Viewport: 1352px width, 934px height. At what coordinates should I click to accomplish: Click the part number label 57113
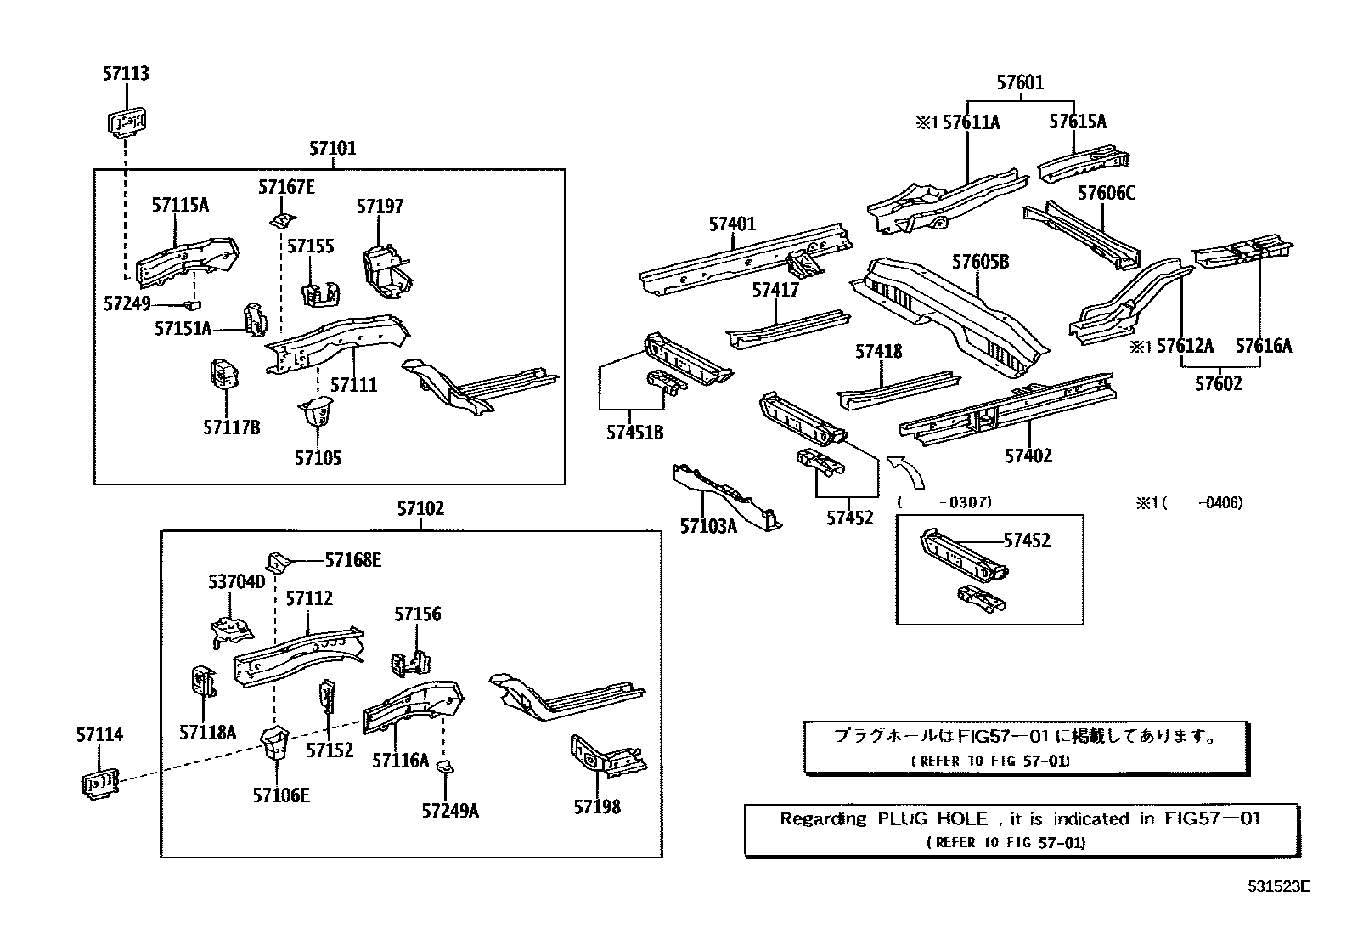(126, 74)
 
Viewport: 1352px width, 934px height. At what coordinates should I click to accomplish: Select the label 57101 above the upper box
(332, 149)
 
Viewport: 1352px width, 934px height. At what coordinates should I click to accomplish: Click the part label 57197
(380, 207)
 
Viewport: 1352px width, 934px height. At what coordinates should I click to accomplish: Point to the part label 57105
(318, 458)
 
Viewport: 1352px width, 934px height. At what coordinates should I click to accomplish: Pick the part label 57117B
(231, 427)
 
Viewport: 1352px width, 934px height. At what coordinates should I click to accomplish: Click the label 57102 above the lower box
(420, 509)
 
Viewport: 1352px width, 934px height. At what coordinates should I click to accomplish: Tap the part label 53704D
(237, 582)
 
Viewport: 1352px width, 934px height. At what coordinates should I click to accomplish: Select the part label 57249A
(450, 811)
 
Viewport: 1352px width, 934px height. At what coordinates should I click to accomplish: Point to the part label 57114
(99, 735)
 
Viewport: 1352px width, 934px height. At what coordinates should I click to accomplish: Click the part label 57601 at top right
(1020, 82)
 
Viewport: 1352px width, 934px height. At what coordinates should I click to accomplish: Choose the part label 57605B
(980, 262)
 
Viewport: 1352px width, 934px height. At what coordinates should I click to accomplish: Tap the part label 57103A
(708, 526)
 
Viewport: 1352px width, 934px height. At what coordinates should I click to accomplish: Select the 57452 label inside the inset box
(1027, 541)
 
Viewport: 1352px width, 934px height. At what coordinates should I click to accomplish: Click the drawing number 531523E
(1278, 886)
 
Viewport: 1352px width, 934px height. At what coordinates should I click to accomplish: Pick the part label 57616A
(1263, 346)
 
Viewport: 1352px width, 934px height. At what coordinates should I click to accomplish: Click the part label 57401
(732, 224)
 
